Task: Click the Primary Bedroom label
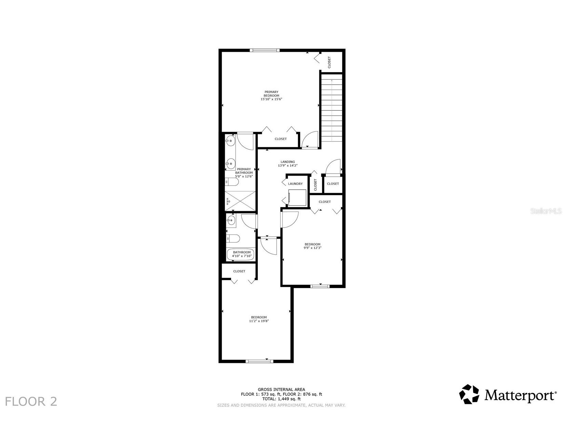(271, 94)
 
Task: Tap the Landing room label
(287, 162)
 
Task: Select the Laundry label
(295, 183)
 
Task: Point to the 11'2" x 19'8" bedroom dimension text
(259, 321)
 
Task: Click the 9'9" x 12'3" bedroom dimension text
(312, 248)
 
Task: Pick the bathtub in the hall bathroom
(240, 254)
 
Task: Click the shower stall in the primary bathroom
(240, 201)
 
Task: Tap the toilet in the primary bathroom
(232, 182)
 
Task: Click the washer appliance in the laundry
(297, 198)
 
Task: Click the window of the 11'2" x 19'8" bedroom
(259, 361)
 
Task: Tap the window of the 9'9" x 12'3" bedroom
(320, 286)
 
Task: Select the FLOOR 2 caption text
(31, 401)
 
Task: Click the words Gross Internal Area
(281, 390)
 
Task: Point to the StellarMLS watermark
(546, 211)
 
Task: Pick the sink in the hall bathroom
(231, 220)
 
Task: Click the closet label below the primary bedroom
(281, 139)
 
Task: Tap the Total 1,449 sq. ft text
(281, 399)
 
